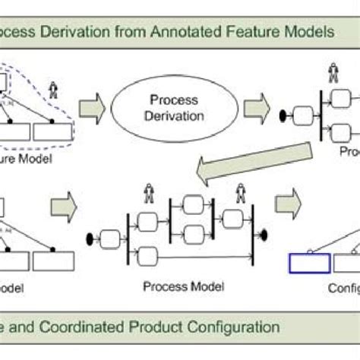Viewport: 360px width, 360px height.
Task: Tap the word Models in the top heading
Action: tap(303, 33)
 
